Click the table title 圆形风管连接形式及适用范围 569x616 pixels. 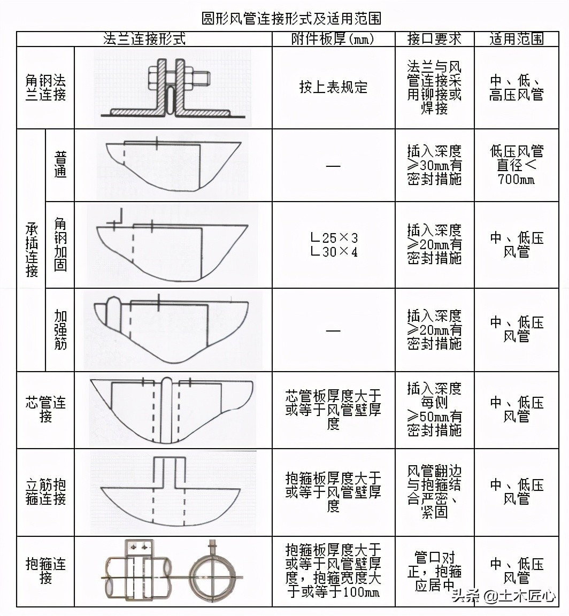[291, 19]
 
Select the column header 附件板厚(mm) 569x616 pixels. [333, 39]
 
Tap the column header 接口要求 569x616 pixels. [434, 39]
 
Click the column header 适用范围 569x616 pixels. [516, 39]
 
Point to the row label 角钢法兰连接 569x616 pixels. [45, 88]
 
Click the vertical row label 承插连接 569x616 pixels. [32, 250]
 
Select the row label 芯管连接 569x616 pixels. [45, 409]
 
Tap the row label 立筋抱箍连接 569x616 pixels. [45, 492]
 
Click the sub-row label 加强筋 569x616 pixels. [60, 329]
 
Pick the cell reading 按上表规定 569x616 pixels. [333, 88]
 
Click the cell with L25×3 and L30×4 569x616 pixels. [333, 244]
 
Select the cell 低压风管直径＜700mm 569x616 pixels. [516, 165]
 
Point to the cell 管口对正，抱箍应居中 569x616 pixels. [434, 571]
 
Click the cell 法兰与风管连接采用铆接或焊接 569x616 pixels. [434, 88]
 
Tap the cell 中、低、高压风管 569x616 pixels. [516, 88]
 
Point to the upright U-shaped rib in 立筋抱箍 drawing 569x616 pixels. [170, 471]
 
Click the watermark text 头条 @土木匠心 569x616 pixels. [503, 596]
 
